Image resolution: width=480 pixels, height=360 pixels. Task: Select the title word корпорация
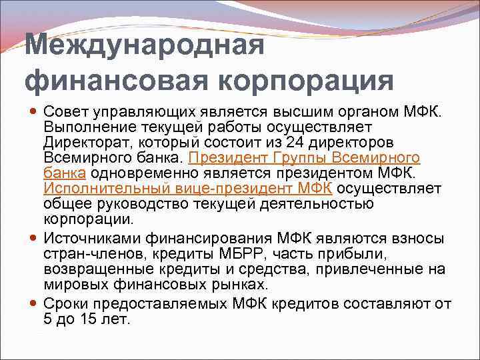tap(303, 81)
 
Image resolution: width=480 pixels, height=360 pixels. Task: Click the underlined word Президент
tap(224, 158)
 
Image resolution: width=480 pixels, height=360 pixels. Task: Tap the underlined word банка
tap(64, 173)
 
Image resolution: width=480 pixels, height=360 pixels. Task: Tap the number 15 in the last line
tap(85, 318)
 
